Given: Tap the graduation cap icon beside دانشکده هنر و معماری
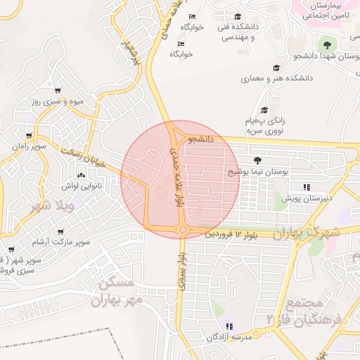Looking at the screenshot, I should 276,68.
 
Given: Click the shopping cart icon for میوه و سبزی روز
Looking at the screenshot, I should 57,90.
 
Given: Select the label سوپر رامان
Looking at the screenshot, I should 29,146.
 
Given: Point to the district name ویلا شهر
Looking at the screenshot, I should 53,206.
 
